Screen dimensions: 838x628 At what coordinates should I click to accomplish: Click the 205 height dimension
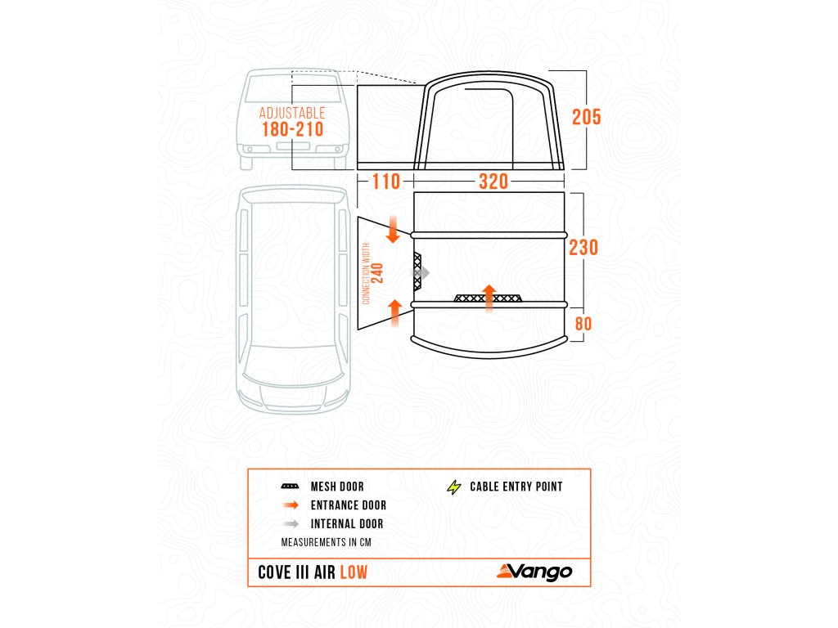pos(586,117)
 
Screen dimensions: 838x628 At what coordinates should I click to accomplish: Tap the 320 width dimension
pos(493,182)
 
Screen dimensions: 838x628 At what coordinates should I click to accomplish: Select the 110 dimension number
pos(386,182)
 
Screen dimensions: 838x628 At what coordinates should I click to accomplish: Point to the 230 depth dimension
pos(583,247)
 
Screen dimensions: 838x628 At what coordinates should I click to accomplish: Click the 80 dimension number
pos(583,324)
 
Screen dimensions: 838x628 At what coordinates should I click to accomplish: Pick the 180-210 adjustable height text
pos(292,130)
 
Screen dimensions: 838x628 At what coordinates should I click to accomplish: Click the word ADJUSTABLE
pos(292,113)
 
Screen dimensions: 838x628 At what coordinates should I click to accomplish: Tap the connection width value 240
pos(378,272)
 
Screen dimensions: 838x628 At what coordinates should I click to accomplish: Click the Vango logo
pos(532,572)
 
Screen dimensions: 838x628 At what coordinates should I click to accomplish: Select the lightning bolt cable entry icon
pos(453,487)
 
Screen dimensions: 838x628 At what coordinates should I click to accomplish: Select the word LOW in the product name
pos(354,572)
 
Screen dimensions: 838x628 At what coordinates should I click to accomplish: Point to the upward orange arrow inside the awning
pos(489,298)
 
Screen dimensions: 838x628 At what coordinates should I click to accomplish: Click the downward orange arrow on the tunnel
pos(394,230)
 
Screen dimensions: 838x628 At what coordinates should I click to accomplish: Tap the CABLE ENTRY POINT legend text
pos(516,487)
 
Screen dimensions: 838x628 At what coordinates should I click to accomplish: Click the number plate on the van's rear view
pos(292,146)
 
